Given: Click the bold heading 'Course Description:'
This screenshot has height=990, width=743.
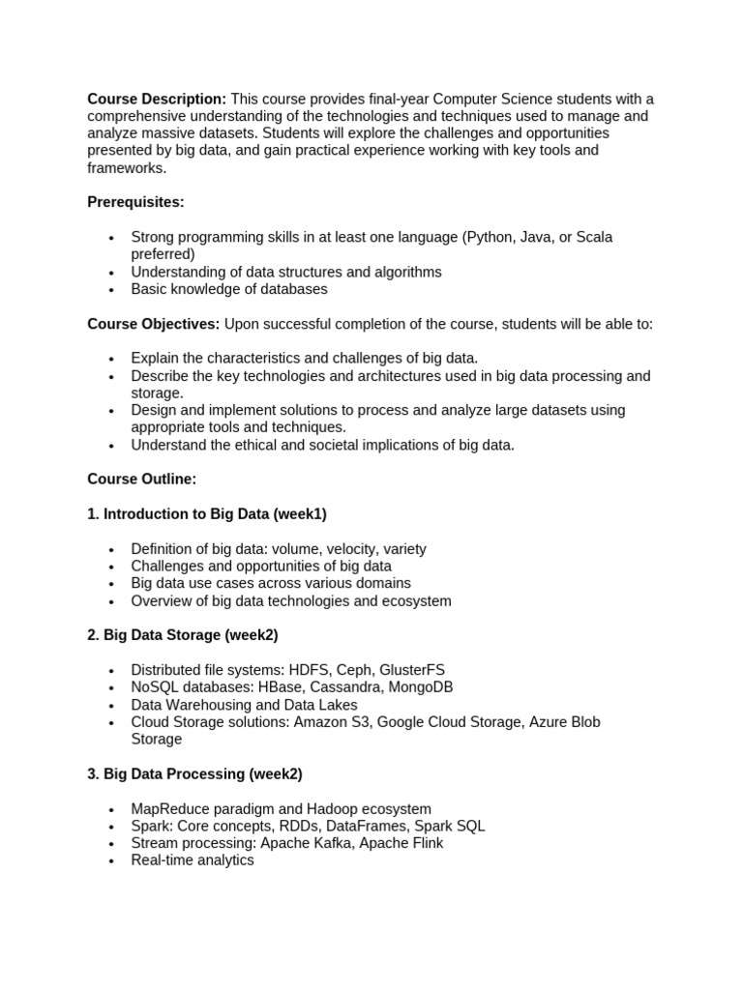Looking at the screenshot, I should point(157,99).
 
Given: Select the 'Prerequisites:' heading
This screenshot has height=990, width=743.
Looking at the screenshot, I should point(135,202).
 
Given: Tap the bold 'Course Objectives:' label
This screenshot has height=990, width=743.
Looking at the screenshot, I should point(154,324).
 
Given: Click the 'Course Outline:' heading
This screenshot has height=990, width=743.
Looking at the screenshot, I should point(141,479).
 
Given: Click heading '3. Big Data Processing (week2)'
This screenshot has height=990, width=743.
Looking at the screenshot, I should point(194,773).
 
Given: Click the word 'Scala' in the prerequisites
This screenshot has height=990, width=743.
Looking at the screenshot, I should point(594,237).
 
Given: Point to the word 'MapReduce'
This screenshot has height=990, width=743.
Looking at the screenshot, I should point(167,808).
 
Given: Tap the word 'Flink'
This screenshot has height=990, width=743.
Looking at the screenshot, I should point(424,843).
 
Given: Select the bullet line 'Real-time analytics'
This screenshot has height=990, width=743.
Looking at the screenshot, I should point(192,860).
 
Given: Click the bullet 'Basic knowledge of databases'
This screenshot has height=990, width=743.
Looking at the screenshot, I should point(228,289).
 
